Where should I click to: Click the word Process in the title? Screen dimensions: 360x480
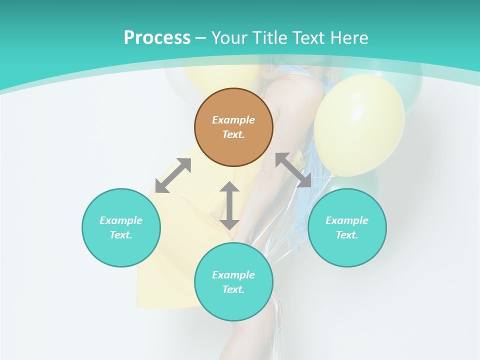(157, 38)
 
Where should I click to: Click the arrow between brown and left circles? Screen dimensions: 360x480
(173, 175)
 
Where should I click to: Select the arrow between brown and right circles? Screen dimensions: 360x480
(293, 170)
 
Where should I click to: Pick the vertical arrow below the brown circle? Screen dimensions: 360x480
(229, 205)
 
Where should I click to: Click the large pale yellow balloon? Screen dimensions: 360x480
(359, 125)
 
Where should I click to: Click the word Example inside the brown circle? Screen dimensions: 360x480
(233, 120)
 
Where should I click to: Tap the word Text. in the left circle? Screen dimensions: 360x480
(121, 235)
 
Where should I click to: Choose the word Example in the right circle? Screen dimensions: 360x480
(347, 220)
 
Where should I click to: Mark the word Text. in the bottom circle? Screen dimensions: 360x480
(233, 289)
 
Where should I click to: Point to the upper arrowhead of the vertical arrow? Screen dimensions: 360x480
(229, 187)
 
